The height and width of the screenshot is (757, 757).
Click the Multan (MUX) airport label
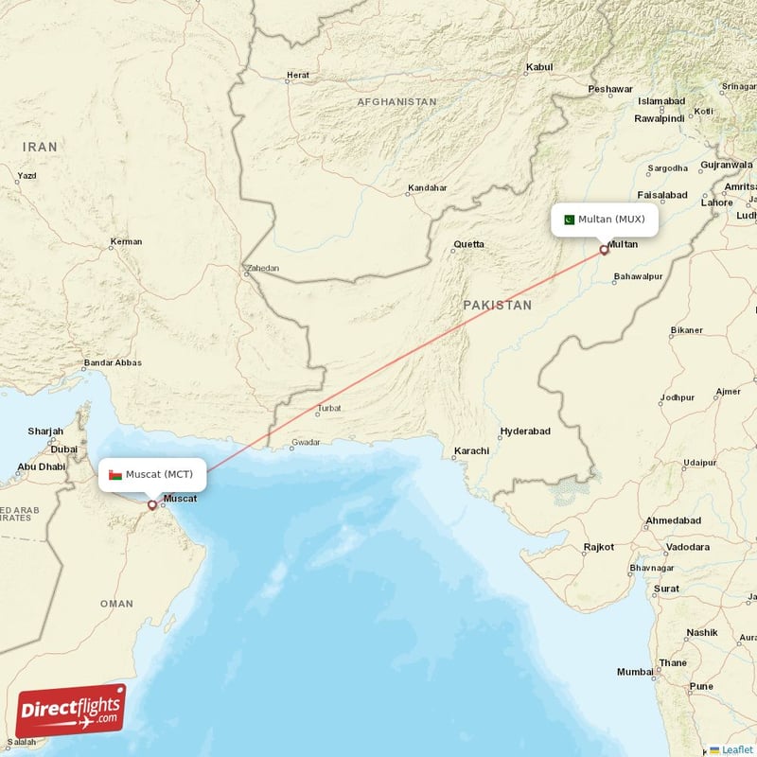tap(605, 220)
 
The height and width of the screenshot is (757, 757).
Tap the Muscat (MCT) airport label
tap(151, 473)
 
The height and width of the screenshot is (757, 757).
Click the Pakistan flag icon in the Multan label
tap(569, 220)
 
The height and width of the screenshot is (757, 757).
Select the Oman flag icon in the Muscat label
tap(114, 473)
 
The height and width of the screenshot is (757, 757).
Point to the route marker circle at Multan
tap(605, 251)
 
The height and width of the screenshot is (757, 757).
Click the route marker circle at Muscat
tap(151, 504)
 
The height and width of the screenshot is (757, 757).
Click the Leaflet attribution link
tap(736, 749)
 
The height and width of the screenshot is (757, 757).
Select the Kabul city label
tap(538, 67)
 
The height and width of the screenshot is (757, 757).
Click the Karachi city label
tap(471, 451)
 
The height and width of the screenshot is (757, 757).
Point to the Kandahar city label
tap(426, 188)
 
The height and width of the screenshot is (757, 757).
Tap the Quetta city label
tap(468, 244)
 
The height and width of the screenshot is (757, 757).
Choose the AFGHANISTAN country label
tap(396, 101)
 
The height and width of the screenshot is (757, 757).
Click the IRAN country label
tap(41, 147)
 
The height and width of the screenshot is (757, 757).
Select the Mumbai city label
tap(634, 672)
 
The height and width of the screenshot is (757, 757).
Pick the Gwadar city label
tap(306, 442)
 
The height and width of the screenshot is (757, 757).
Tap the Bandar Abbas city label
tap(113, 362)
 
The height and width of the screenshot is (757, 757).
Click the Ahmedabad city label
tap(672, 521)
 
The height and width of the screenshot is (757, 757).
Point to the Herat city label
tap(298, 75)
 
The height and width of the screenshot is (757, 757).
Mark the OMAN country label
tap(116, 604)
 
